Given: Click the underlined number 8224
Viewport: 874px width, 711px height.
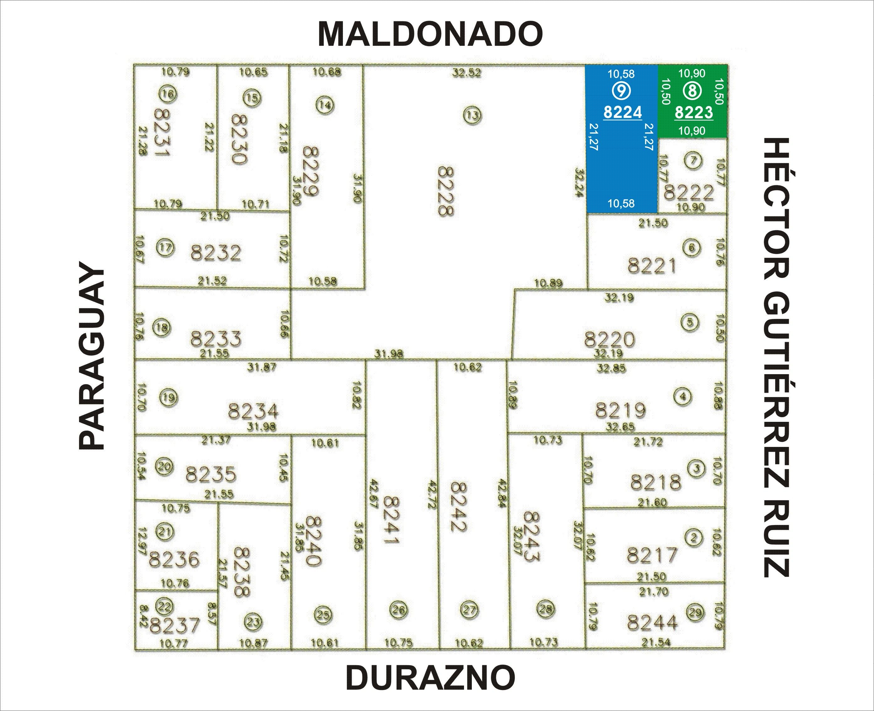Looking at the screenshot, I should (622, 112).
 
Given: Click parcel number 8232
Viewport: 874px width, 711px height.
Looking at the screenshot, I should (216, 253).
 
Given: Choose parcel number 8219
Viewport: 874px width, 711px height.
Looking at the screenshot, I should (621, 410).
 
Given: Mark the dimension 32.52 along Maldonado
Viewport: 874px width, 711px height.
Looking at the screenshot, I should (466, 73).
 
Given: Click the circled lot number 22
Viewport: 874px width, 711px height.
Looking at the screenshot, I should (165, 606).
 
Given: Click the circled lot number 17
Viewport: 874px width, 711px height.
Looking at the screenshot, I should (165, 247).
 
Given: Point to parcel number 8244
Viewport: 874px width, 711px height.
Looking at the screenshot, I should (652, 623).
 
